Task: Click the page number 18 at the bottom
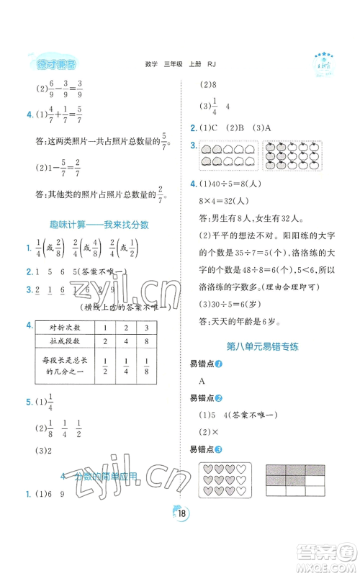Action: click(x=179, y=553)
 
